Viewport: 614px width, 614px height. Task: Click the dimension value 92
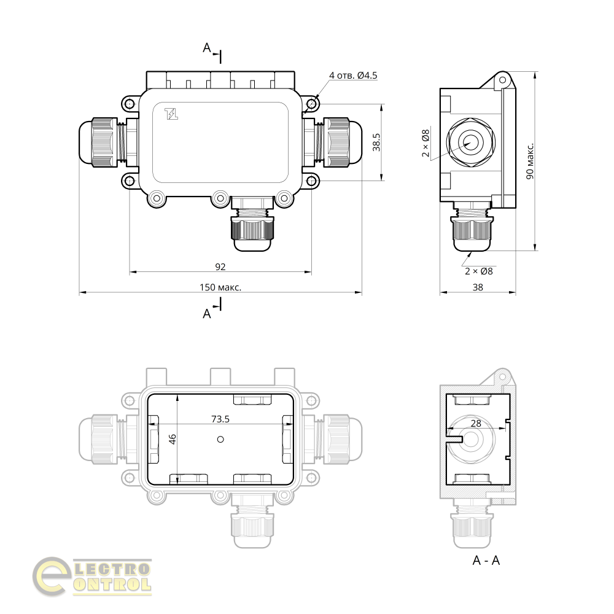point(220,266)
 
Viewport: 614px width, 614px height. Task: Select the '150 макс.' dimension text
point(220,287)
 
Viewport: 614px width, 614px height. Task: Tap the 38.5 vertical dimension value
point(376,142)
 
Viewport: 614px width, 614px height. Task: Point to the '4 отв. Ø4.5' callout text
point(353,75)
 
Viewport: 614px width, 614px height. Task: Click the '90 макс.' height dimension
point(530,161)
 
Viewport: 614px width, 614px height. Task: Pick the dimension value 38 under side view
point(478,287)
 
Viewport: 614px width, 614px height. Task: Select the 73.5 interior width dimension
point(220,419)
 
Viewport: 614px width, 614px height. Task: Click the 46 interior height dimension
point(173,439)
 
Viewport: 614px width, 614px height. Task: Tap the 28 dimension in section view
point(476,423)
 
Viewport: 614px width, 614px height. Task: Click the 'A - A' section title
point(486,561)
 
